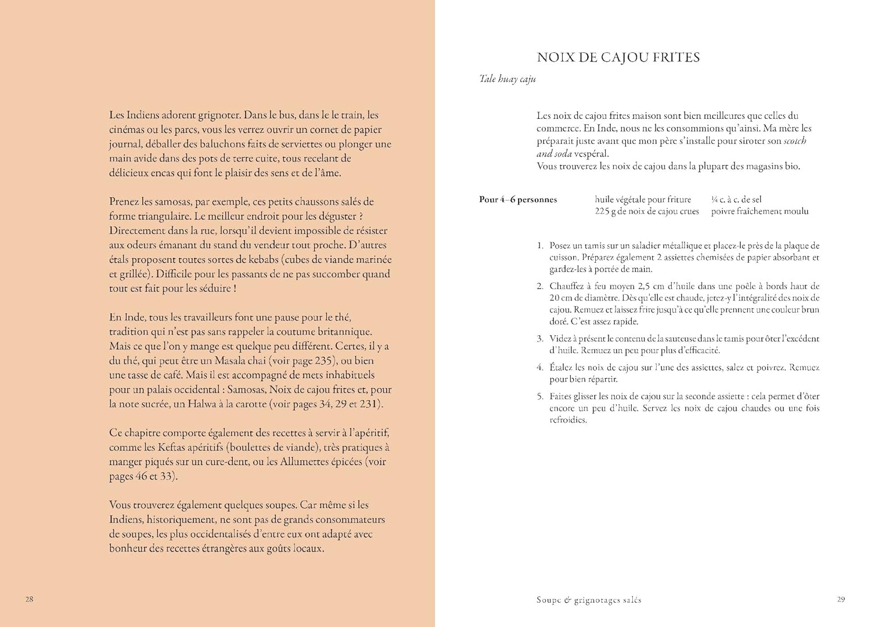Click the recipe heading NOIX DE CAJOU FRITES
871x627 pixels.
[x=618, y=57]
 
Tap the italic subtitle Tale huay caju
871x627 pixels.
[x=507, y=79]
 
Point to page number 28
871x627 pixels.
[x=30, y=599]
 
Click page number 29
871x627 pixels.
[x=841, y=600]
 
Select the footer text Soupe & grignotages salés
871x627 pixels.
[x=588, y=600]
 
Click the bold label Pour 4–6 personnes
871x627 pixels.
[x=518, y=200]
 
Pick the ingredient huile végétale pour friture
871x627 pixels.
[x=643, y=200]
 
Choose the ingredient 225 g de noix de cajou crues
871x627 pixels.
[x=646, y=212]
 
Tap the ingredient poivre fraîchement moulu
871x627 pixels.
[x=760, y=212]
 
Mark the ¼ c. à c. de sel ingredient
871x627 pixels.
[x=736, y=200]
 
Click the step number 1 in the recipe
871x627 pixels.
[x=540, y=246]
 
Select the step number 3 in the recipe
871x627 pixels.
[x=540, y=339]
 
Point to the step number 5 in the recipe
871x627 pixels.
[x=540, y=397]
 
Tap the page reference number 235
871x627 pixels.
[x=323, y=361]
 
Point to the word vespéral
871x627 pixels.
[x=590, y=154]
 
